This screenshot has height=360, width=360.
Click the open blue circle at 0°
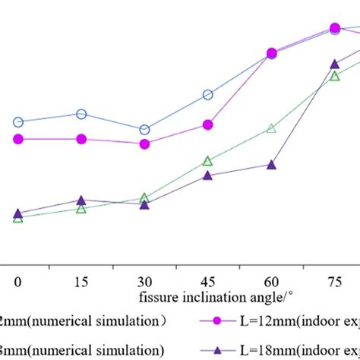coord(18,122)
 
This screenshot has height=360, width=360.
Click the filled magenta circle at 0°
coord(18,139)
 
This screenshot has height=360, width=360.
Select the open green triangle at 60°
coord(271,129)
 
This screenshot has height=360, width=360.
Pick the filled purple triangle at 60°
coord(271,165)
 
